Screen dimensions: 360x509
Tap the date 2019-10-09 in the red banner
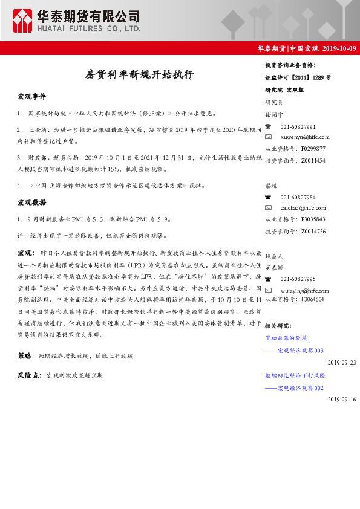click(x=339, y=48)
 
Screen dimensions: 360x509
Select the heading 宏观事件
click(x=31, y=97)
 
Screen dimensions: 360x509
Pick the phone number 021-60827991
click(x=298, y=126)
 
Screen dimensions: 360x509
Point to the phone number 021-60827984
click(x=298, y=198)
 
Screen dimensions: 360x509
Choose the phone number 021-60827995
click(x=298, y=279)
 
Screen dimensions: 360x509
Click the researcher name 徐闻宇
click(x=274, y=114)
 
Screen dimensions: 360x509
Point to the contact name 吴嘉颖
click(x=274, y=267)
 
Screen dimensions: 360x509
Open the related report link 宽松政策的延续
click(x=286, y=339)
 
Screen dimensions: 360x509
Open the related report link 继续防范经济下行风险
click(x=295, y=375)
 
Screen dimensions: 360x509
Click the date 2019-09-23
click(x=342, y=362)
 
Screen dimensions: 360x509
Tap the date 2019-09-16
click(x=342, y=400)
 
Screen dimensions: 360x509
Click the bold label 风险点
click(x=29, y=375)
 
